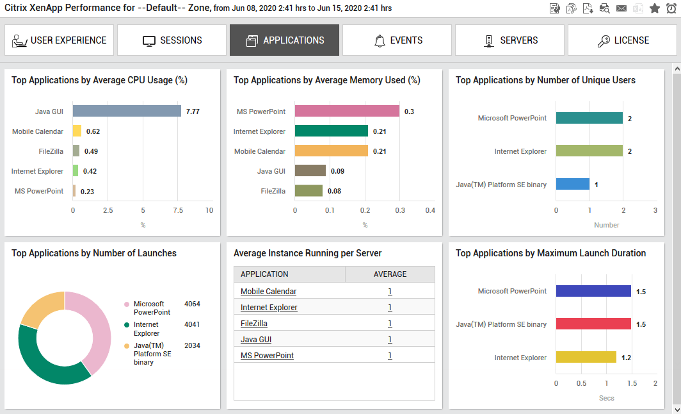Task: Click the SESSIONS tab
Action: [172, 40]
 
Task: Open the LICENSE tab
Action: [622, 40]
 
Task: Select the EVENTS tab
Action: [397, 40]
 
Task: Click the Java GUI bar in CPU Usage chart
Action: [127, 112]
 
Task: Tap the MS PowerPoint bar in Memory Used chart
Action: [347, 112]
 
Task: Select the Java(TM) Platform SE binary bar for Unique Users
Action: [572, 185]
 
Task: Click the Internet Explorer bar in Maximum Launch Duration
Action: [586, 358]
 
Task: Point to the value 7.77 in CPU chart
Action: [193, 112]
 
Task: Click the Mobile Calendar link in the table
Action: [268, 292]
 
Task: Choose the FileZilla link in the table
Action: [253, 324]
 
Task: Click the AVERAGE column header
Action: [390, 274]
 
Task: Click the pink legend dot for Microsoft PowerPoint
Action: [127, 304]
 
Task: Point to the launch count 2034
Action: [192, 345]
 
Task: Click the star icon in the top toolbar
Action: [654, 8]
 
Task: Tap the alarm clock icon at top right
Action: [671, 8]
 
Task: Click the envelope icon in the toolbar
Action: [621, 8]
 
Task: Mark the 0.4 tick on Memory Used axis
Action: [430, 210]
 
